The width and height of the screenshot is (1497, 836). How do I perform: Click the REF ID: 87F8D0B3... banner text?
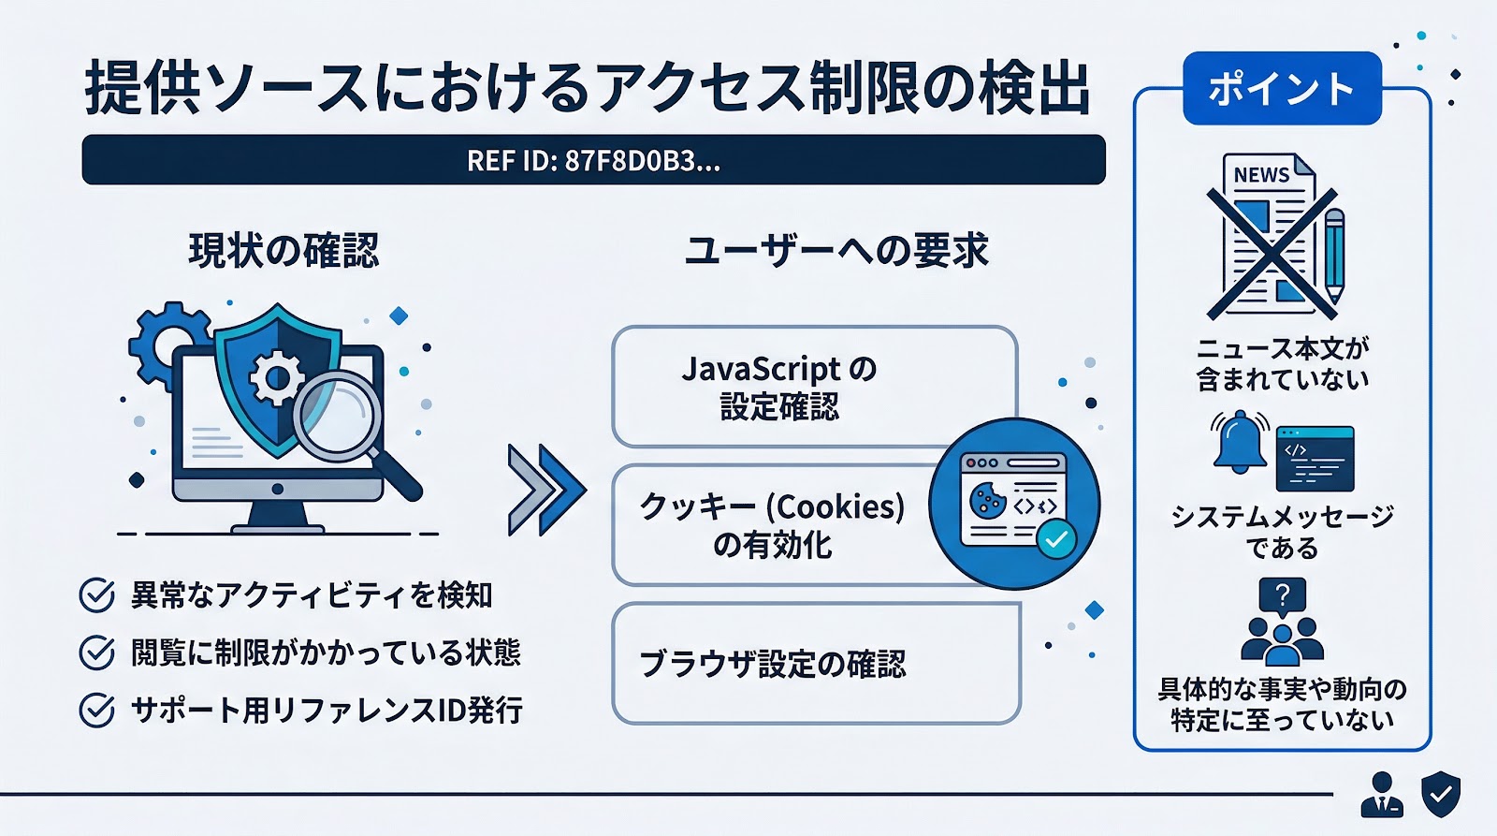pyautogui.click(x=593, y=161)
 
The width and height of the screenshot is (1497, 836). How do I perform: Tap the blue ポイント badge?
pyautogui.click(x=1281, y=89)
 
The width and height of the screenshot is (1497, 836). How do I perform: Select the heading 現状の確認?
pyautogui.click(x=283, y=251)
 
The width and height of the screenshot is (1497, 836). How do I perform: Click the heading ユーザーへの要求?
pyautogui.click(x=836, y=251)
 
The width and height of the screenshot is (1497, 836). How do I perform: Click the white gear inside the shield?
pyautogui.click(x=276, y=378)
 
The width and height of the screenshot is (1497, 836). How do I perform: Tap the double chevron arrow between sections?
pyautogui.click(x=545, y=490)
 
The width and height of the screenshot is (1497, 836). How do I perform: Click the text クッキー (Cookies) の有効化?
pyautogui.click(x=772, y=525)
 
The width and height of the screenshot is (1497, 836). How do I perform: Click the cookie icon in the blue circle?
pyautogui.click(x=987, y=500)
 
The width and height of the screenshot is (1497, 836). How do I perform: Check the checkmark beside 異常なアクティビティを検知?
pyautogui.click(x=97, y=595)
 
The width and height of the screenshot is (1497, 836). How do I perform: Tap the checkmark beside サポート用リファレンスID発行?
pyautogui.click(x=97, y=711)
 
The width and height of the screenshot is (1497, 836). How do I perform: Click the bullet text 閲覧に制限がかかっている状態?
pyautogui.click(x=326, y=653)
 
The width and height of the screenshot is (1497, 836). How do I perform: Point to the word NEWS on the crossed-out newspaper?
pyautogui.click(x=1260, y=175)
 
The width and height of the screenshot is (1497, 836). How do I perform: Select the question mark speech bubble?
pyautogui.click(x=1282, y=594)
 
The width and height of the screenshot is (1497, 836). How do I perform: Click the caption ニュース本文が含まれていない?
pyautogui.click(x=1282, y=364)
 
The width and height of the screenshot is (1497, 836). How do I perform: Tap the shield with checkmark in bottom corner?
pyautogui.click(x=1441, y=794)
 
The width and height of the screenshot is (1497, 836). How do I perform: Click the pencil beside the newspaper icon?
pyautogui.click(x=1335, y=253)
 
